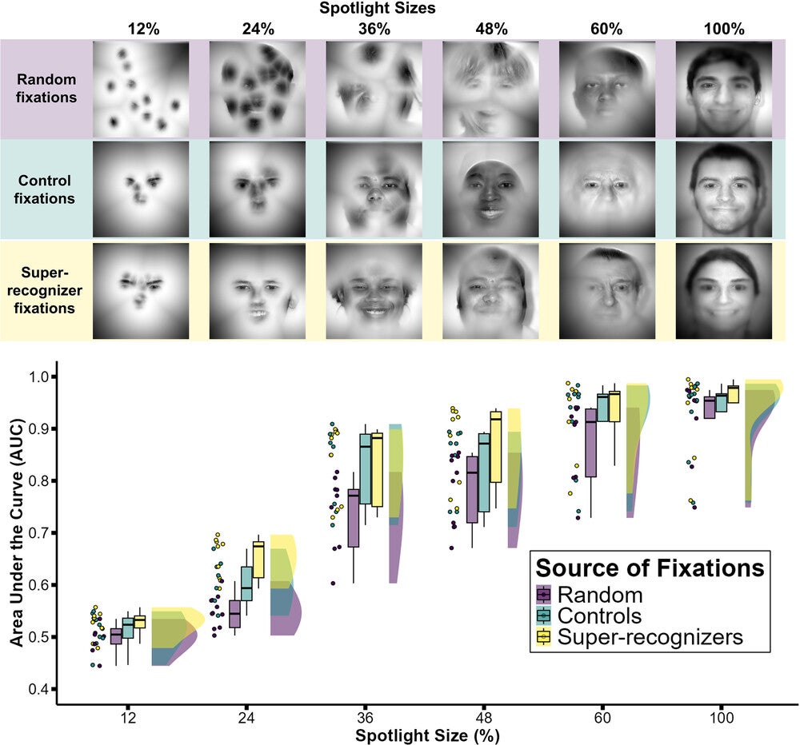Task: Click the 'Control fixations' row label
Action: (46, 189)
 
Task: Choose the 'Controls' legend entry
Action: (599, 616)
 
